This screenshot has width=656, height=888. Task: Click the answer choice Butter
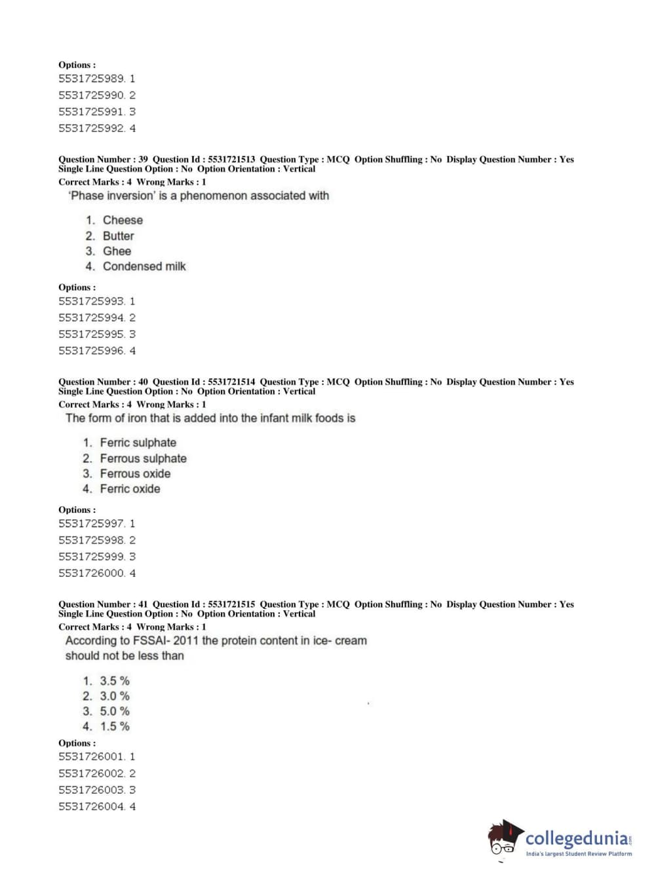point(118,236)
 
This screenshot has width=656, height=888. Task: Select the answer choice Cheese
point(123,220)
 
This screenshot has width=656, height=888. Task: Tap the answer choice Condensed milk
point(144,267)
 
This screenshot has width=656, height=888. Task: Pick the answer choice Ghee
point(117,251)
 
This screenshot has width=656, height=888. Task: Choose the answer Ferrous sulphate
point(143,458)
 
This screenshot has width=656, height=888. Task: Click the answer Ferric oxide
point(130,489)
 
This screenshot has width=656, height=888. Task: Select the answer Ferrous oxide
point(135,473)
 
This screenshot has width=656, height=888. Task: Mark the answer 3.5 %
point(115,681)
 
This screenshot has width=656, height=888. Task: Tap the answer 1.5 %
point(115,726)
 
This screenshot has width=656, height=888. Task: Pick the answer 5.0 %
point(115,711)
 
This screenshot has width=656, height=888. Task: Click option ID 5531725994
point(91,318)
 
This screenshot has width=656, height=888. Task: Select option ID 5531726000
point(91,573)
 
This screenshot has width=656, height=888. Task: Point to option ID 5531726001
point(91,756)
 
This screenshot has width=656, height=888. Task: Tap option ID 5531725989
point(91,79)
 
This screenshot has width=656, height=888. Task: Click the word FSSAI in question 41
point(150,640)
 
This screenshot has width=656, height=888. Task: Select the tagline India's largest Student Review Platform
point(579,854)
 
